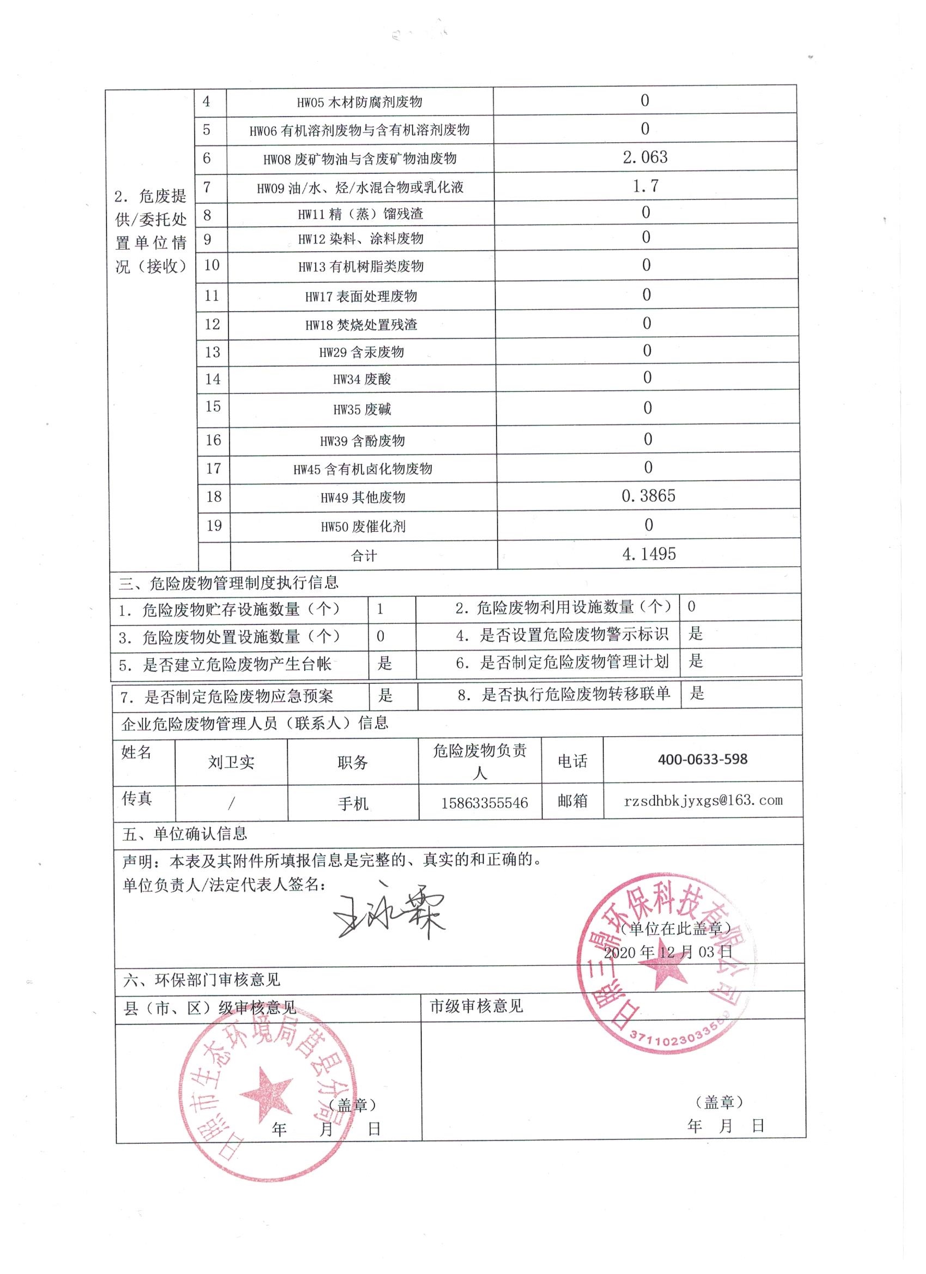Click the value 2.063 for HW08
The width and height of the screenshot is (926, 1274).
point(645,157)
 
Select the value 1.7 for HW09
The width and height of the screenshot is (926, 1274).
point(645,186)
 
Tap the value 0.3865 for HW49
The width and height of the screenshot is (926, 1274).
point(648,496)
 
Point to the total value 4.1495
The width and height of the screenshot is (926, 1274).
point(649,554)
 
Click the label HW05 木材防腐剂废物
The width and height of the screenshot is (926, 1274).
point(360,102)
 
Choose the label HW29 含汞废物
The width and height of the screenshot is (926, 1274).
point(362,352)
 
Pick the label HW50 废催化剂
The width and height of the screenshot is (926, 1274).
point(363,527)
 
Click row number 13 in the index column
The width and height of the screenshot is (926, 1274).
point(212,352)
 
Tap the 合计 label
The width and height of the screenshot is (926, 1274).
point(363,556)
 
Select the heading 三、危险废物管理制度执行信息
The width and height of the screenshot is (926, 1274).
point(229,583)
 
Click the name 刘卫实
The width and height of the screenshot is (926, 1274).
point(231,762)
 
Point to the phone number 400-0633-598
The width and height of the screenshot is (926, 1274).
point(703,760)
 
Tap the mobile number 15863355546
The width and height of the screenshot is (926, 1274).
point(484,803)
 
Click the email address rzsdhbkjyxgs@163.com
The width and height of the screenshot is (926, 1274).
point(703,800)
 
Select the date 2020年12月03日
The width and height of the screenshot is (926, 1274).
point(668,951)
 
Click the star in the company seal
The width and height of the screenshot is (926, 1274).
point(665,976)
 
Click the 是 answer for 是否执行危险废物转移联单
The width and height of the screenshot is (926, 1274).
point(696,694)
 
